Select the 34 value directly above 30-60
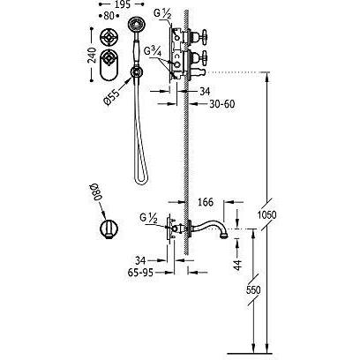[x=204, y=90]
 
